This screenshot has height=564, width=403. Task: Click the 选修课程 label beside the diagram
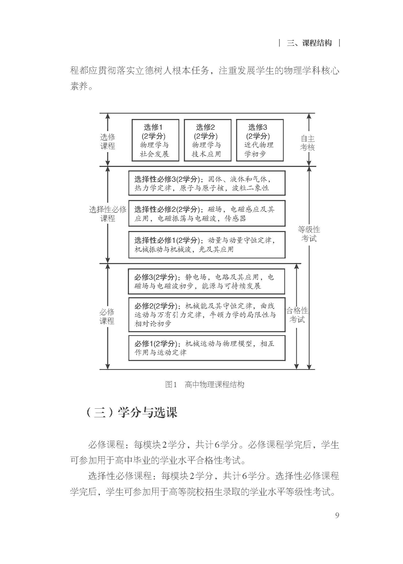tap(108, 142)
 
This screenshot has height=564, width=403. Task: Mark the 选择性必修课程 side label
tap(108, 214)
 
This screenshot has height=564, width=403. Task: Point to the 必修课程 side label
tap(107, 316)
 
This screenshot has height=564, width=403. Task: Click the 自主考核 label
tap(307, 143)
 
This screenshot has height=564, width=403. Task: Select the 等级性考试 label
tap(309, 234)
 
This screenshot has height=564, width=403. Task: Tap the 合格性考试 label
tap(297, 315)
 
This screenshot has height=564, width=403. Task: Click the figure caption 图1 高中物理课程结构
tap(205, 384)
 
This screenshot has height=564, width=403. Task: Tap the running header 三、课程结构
tap(309, 43)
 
